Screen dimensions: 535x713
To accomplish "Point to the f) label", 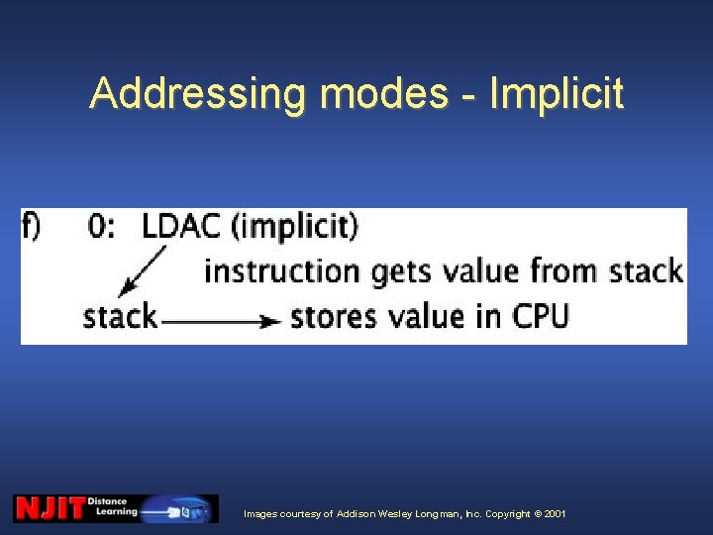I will [x=32, y=227].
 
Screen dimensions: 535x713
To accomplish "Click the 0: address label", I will [x=102, y=227].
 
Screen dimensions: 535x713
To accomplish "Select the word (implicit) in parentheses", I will [x=294, y=227].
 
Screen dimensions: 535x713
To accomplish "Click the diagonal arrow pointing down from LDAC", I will [x=142, y=269].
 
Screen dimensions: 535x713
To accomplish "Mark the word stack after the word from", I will [x=646, y=270].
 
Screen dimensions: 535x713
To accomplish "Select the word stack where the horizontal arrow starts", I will [x=120, y=317].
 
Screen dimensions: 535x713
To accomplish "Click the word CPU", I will [x=541, y=316].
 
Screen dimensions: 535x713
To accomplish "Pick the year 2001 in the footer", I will [x=555, y=514].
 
